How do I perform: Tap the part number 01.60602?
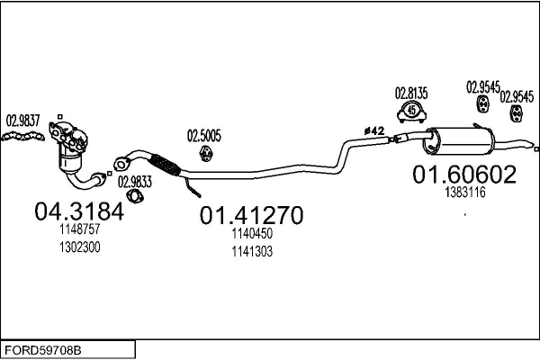[x=464, y=175]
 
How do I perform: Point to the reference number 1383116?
[x=464, y=192]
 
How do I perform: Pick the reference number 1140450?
[x=250, y=233]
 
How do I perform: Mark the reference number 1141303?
[x=250, y=251]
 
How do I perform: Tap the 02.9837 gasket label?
[x=22, y=120]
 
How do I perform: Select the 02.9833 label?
[x=134, y=180]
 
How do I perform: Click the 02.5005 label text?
[x=203, y=137]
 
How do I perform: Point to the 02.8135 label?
[x=411, y=92]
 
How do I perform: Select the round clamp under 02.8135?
[x=412, y=112]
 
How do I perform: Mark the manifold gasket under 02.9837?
[x=25, y=137]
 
